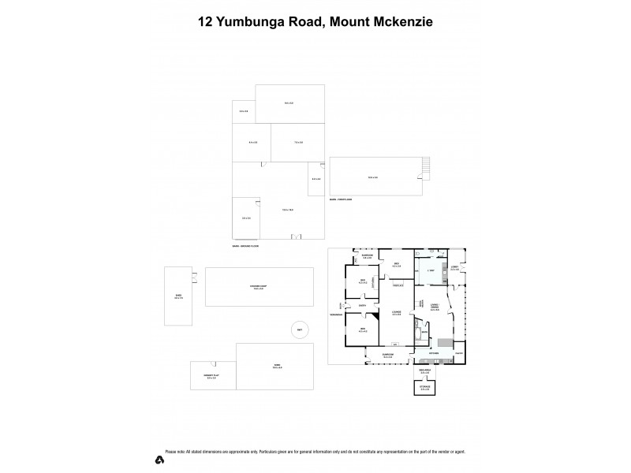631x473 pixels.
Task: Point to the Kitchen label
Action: coord(434,353)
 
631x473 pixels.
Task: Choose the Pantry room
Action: coord(458,353)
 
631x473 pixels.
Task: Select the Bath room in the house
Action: coord(424,332)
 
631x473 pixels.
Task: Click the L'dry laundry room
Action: coord(430,271)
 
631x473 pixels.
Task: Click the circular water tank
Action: coord(300,330)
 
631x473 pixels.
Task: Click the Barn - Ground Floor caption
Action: coord(245,248)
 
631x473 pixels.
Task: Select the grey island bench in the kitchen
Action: coord(446,342)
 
